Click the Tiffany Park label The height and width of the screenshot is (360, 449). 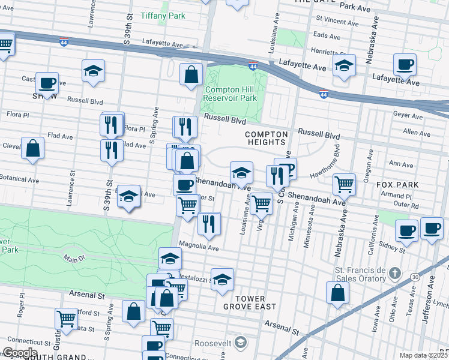[163, 16]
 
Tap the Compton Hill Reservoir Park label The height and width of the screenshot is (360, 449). [231, 94]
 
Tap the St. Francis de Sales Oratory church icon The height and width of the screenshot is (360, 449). [394, 274]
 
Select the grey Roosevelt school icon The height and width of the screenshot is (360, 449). [240, 343]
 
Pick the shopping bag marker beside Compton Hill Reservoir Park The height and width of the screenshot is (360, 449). [191, 75]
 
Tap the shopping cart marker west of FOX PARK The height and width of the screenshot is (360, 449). [344, 185]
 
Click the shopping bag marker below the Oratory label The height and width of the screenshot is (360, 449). [338, 293]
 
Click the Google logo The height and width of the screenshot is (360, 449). [19, 353]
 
